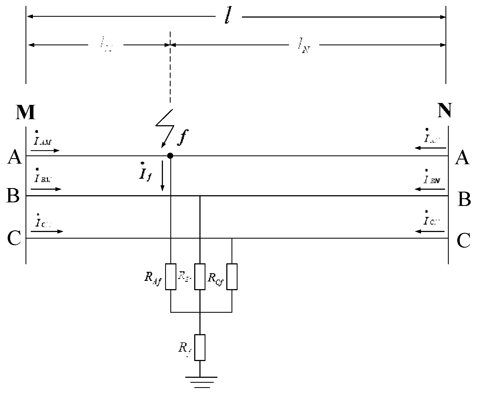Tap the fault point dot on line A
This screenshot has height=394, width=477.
[x=170, y=156]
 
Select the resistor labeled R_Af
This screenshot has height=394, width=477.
[x=170, y=276]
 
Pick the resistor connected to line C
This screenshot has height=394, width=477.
[x=232, y=276]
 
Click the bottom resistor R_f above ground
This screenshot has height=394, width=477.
[x=200, y=347]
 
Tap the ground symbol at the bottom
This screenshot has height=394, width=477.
[x=200, y=382]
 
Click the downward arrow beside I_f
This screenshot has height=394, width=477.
[x=162, y=176]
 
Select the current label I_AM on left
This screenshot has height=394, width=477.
[x=43, y=141]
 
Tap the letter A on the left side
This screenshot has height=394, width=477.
[x=14, y=158]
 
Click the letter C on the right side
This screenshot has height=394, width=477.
[x=463, y=241]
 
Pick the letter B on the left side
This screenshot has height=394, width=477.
[x=13, y=196]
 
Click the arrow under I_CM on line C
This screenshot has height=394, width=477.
[x=47, y=231]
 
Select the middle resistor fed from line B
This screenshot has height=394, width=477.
[x=200, y=276]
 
